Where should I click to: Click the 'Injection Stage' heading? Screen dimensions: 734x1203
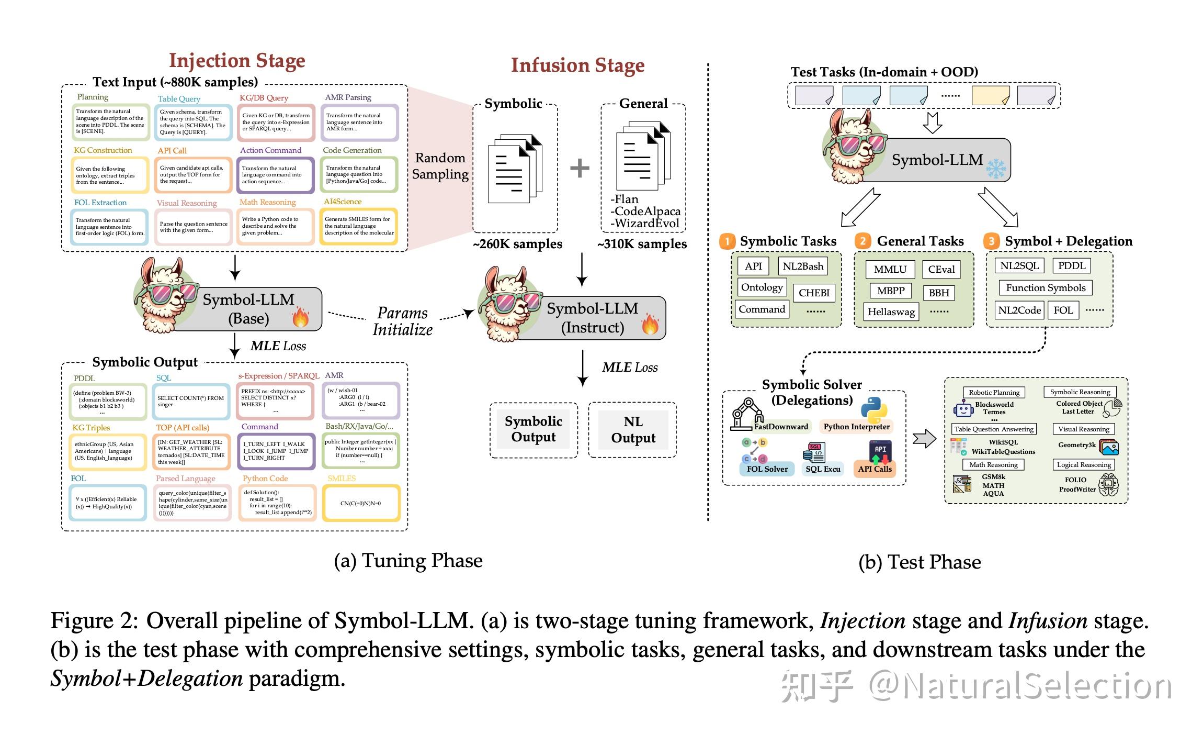coord(237,61)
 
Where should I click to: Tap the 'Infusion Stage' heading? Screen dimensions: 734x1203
coord(577,65)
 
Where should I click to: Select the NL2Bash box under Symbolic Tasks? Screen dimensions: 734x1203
coord(802,266)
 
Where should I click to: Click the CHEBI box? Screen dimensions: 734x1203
coord(814,293)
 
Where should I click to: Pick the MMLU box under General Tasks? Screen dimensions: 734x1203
coord(890,269)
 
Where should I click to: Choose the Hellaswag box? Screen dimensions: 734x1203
coord(891,312)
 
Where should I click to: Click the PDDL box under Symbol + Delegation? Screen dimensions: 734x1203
coord(1071,265)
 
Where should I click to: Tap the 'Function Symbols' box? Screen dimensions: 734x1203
coord(1045,287)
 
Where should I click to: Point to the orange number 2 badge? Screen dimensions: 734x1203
coord(862,241)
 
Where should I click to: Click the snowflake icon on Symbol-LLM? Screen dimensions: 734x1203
coord(995,169)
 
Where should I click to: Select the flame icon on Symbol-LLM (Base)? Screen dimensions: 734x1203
coord(301,317)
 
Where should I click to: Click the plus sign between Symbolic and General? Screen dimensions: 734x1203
coord(579,168)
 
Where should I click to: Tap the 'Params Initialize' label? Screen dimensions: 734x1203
coord(402,321)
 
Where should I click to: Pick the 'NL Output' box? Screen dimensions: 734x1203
coord(632,430)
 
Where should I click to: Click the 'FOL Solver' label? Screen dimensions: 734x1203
coord(767,469)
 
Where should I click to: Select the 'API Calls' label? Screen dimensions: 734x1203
coord(875,469)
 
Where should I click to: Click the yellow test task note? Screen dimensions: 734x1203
coord(990,95)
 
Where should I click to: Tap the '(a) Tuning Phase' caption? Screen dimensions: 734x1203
coord(408,561)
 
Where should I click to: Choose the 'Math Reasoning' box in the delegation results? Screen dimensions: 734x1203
coord(993,465)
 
